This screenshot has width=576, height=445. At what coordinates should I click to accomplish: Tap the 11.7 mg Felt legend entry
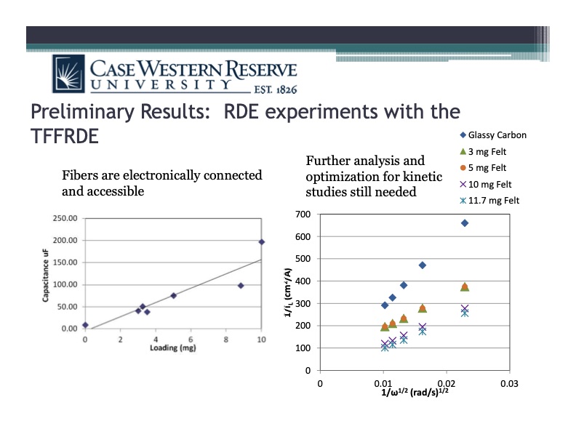[x=491, y=200]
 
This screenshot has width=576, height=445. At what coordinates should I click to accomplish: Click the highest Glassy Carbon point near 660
[x=465, y=222]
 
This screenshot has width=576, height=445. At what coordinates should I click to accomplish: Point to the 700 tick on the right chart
[x=303, y=215]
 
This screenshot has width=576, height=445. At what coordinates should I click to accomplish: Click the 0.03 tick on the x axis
[x=508, y=382]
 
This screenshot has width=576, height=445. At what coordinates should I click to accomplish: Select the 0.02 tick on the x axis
[x=445, y=382]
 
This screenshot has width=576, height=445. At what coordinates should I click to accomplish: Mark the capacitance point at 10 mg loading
[x=262, y=241]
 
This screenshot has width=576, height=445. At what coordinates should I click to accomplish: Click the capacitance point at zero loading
[x=85, y=325]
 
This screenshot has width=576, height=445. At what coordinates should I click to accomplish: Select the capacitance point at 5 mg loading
[x=173, y=295]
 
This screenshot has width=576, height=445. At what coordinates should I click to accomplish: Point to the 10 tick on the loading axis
[x=261, y=339]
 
